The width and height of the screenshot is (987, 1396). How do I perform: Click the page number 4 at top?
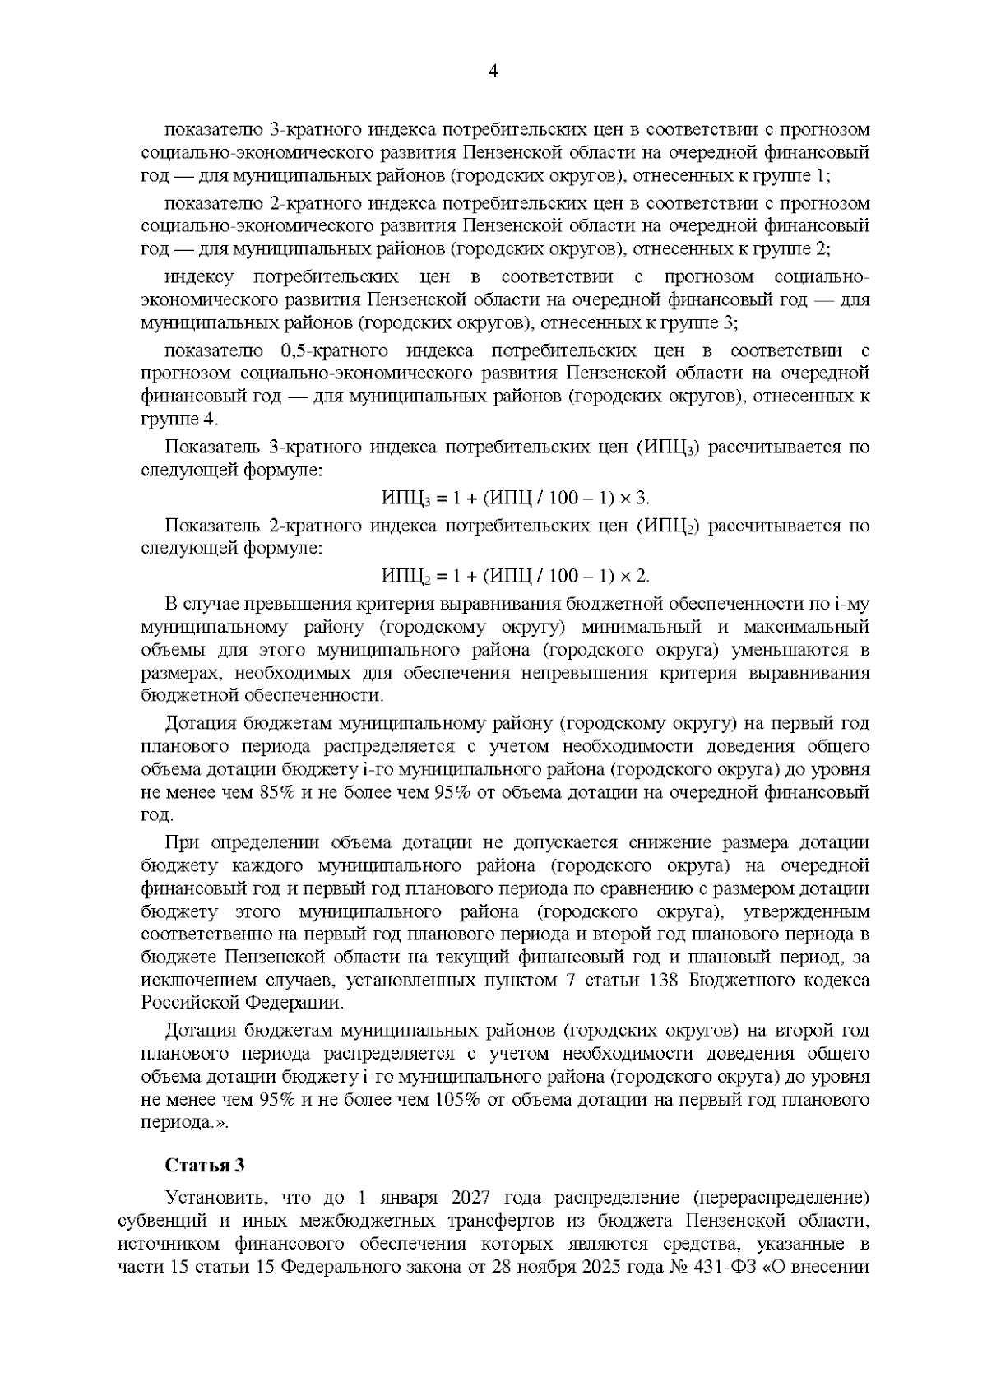493,72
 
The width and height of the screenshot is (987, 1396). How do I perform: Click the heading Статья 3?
205,1166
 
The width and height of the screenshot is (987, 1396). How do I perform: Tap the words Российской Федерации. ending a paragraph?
243,1003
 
